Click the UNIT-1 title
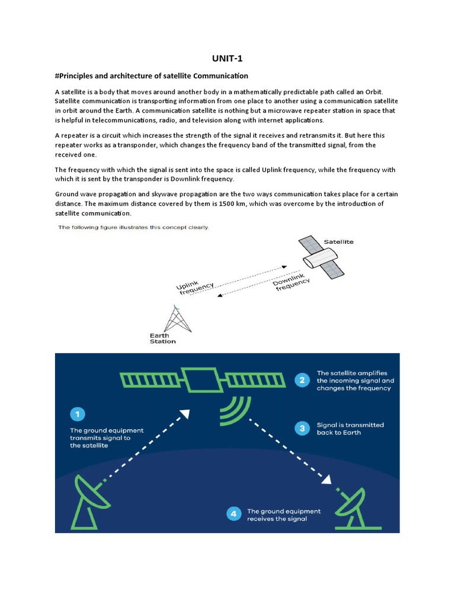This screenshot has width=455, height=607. coord(227,58)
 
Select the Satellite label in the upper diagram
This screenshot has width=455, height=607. coord(339,242)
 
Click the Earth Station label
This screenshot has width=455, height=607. coord(162,338)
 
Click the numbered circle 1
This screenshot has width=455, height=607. coord(78,414)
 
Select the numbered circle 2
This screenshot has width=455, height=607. coord(302,381)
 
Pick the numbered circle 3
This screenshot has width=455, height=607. coord(302,429)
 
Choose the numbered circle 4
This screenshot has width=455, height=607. coord(233,515)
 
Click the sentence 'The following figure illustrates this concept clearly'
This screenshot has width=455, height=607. coord(133,228)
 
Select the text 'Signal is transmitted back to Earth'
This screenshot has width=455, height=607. coord(350,429)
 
